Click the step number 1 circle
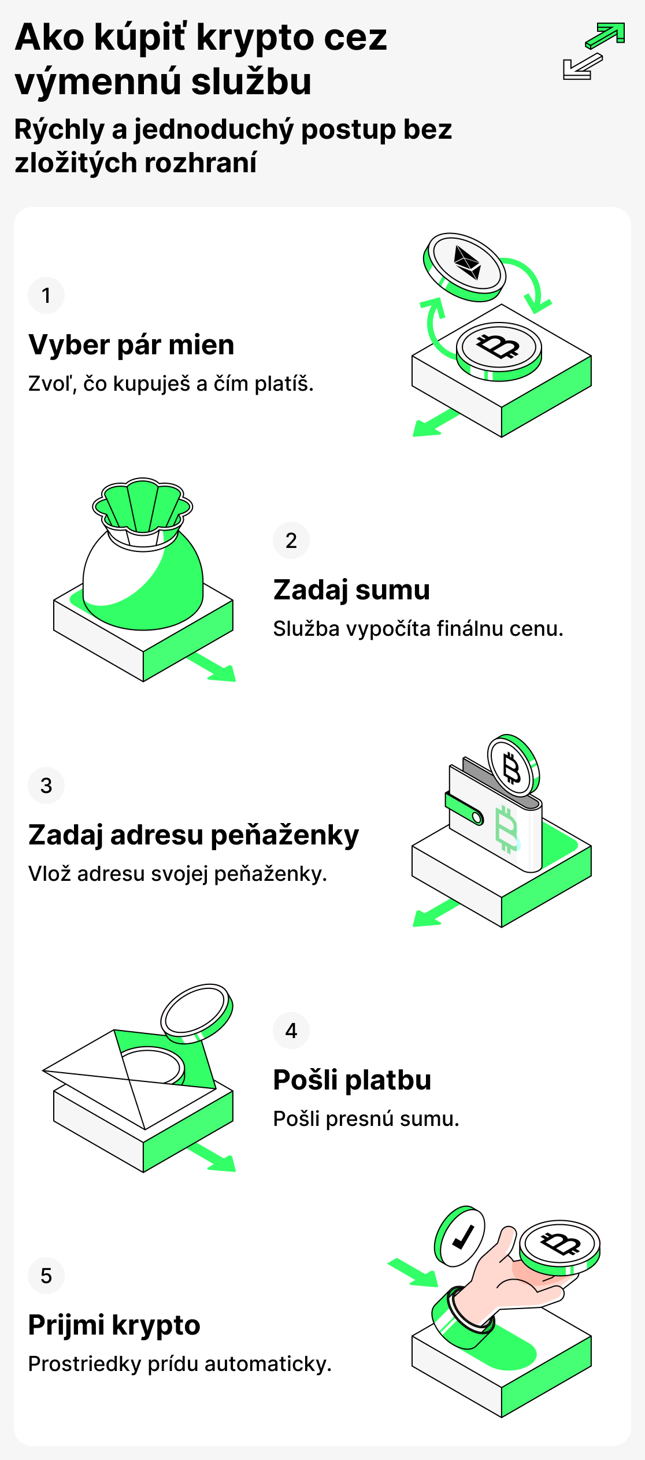tap(46, 295)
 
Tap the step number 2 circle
tap(291, 540)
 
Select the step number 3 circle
tap(46, 785)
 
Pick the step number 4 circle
tap(291, 1031)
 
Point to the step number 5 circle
tap(46, 1276)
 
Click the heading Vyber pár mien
tap(131, 345)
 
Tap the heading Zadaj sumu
tap(351, 590)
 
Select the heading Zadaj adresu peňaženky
tap(194, 835)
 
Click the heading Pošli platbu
tap(352, 1080)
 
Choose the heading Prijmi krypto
tap(114, 1325)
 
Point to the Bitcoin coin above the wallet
tap(513, 766)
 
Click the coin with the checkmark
tap(460, 1237)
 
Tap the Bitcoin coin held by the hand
tap(559, 1244)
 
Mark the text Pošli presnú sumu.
tap(366, 1119)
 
